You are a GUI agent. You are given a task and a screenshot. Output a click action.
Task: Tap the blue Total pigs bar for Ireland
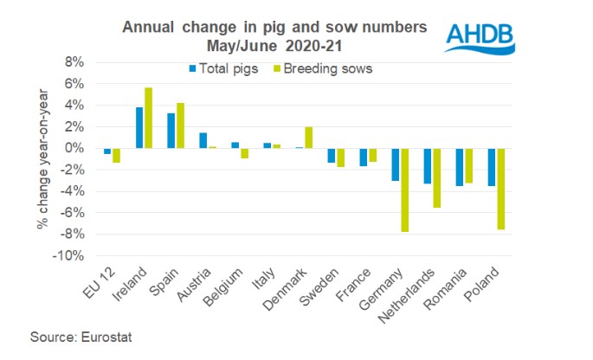139,128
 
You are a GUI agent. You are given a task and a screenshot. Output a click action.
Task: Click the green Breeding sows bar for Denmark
309,138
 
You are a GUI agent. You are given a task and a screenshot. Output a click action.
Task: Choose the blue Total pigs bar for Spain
171,131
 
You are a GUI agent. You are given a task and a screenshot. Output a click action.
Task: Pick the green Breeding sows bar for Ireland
149,119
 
